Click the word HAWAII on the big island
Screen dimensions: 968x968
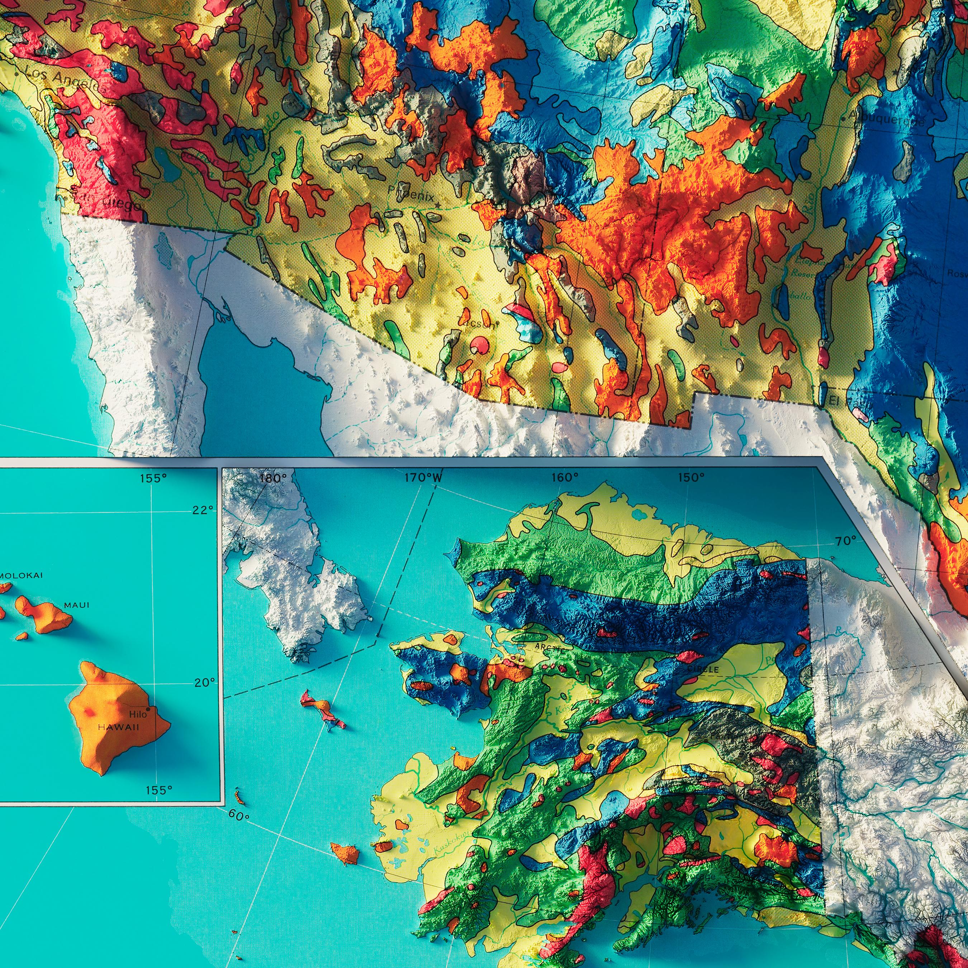tap(118, 727)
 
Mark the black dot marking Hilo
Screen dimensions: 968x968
tap(148, 709)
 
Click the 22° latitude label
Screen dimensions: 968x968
tap(203, 509)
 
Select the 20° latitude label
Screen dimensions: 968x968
tap(204, 682)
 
